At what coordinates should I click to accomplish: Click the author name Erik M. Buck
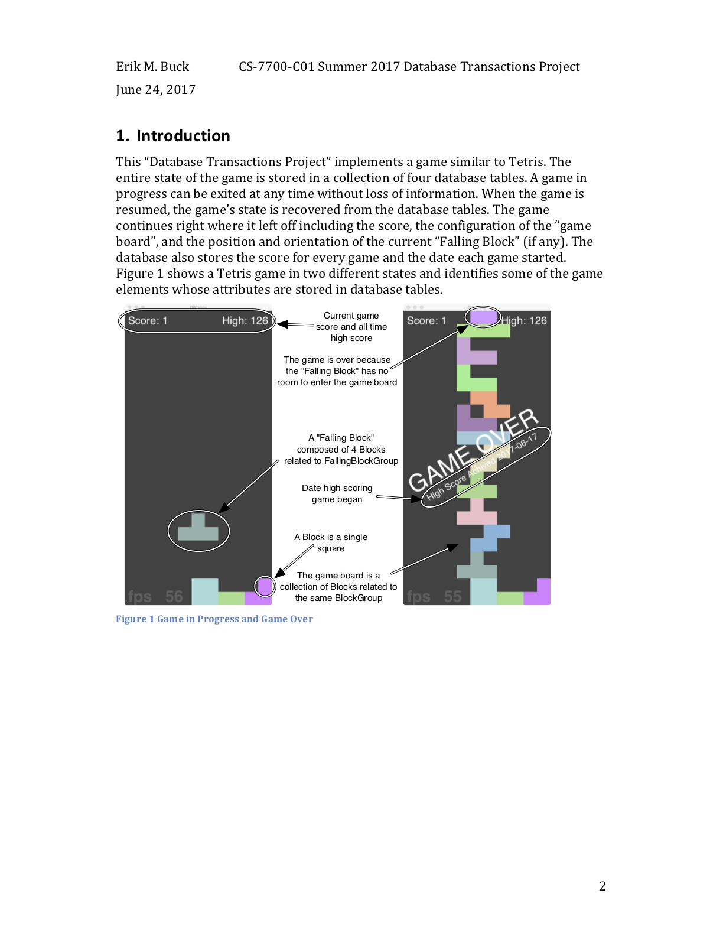click(152, 67)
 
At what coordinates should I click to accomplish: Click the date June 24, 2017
click(155, 90)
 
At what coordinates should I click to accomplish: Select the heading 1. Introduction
click(173, 136)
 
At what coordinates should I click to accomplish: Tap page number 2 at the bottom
click(602, 886)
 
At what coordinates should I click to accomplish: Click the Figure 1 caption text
click(214, 619)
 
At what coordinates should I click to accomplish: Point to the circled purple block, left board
click(265, 586)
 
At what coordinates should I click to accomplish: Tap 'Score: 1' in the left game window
click(148, 321)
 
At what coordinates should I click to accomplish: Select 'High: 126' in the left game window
click(245, 321)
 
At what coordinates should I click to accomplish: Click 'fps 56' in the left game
click(155, 596)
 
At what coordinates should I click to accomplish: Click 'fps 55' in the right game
click(434, 596)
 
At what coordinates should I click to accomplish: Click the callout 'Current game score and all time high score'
click(351, 327)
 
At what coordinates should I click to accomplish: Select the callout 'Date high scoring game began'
click(337, 493)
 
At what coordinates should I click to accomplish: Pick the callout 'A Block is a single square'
click(331, 542)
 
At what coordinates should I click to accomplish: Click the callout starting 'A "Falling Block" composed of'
click(341, 449)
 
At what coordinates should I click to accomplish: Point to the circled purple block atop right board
click(483, 317)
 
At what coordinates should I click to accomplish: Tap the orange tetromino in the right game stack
click(490, 405)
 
